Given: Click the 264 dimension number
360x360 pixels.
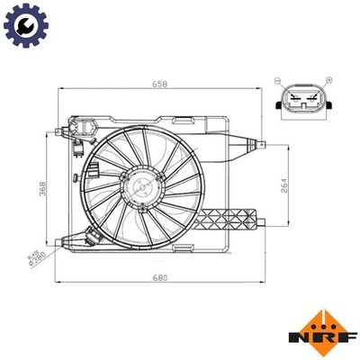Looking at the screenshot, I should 283,185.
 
